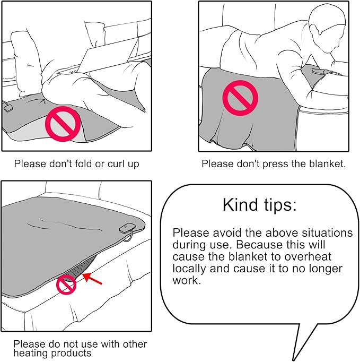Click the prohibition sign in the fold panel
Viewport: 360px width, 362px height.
tap(63, 124)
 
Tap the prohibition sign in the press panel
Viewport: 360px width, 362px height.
tap(240, 98)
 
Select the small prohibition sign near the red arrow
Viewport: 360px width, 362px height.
tap(66, 285)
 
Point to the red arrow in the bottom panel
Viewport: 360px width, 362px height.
tap(92, 278)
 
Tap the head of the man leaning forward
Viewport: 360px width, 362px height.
tap(328, 30)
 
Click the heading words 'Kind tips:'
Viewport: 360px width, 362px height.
tap(259, 204)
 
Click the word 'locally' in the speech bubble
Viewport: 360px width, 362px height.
tap(189, 269)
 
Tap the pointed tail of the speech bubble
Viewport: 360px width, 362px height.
tap(294, 358)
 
